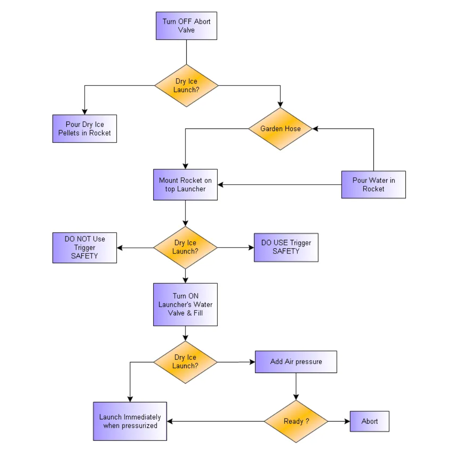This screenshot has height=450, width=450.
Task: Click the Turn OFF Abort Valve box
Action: click(186, 26)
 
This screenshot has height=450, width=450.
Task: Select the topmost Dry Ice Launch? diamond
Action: click(186, 85)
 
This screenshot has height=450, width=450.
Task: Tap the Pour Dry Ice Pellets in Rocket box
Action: click(85, 128)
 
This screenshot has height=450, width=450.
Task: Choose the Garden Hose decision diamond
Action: click(280, 128)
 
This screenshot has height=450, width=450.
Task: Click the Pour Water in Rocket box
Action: click(373, 185)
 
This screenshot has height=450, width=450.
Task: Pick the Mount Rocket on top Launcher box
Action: click(185, 185)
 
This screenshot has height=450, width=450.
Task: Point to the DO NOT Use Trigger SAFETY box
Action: click(85, 248)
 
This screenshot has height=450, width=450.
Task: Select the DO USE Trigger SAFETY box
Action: click(286, 247)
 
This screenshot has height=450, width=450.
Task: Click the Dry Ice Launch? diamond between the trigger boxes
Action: click(185, 247)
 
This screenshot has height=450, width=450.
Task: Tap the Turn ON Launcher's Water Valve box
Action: click(185, 305)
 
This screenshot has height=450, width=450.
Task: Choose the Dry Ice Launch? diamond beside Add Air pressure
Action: click(185, 362)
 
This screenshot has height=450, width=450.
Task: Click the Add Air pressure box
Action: click(296, 362)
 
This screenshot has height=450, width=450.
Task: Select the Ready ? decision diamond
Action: click(296, 422)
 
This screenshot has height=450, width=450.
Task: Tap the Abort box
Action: click(370, 422)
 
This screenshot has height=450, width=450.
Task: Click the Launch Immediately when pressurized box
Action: click(130, 422)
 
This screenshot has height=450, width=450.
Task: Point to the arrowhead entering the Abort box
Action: click(347, 422)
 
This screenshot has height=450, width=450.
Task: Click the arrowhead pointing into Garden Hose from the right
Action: click(316, 128)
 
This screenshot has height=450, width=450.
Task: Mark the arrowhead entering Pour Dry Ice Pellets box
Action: click(85, 112)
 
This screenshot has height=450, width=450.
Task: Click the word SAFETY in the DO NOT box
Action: click(85, 256)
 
